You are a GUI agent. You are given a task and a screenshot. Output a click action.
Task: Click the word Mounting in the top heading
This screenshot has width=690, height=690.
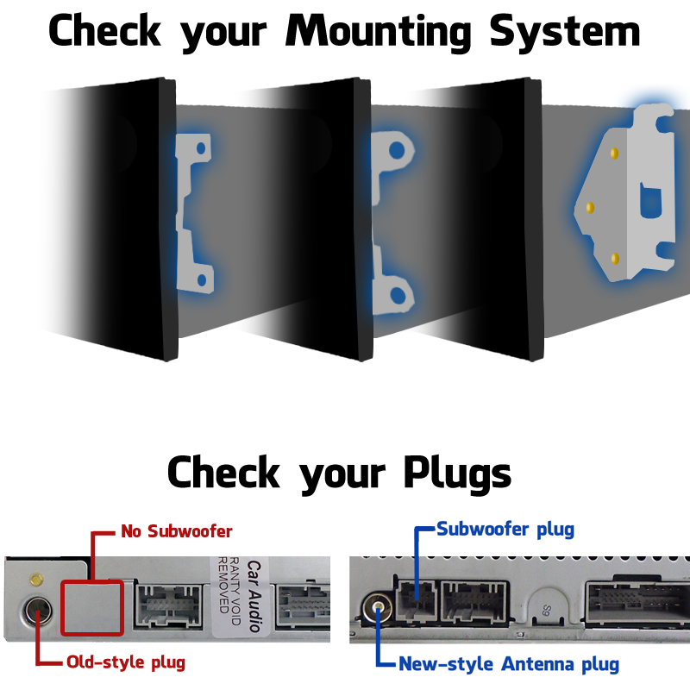(379, 32)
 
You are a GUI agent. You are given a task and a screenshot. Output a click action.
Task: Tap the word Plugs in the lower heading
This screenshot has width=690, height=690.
(456, 473)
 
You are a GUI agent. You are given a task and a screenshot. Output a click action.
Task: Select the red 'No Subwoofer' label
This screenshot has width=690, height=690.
(176, 530)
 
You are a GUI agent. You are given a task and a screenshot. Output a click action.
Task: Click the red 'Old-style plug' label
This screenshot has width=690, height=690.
(126, 662)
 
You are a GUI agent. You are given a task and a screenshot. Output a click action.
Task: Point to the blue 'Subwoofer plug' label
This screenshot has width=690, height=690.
(505, 529)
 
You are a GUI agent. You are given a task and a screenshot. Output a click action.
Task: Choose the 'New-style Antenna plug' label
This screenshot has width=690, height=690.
(509, 664)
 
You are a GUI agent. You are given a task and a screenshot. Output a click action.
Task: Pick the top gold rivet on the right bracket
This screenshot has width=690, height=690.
(613, 153)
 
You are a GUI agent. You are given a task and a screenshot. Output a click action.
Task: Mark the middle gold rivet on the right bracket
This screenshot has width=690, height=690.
(590, 208)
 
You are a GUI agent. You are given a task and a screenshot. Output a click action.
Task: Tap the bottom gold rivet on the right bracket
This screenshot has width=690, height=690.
(614, 258)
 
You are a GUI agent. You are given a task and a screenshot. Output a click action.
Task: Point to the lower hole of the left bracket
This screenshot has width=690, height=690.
(201, 279)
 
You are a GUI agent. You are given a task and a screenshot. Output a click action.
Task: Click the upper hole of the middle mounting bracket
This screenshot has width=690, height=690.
(396, 149)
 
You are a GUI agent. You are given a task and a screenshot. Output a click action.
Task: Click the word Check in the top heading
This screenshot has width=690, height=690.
(104, 32)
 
